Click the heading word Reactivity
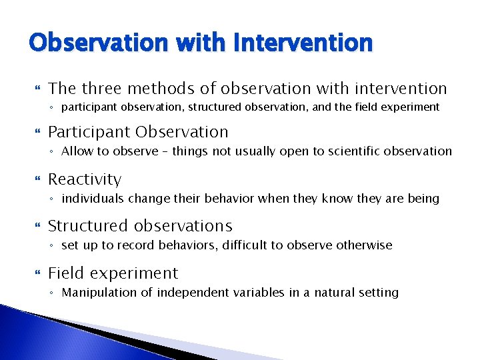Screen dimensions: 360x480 85,179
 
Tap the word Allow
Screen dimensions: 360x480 76,151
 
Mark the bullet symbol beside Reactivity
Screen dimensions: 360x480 37,180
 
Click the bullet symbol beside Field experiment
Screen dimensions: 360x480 37,274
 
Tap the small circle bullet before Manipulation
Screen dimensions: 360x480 53,293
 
